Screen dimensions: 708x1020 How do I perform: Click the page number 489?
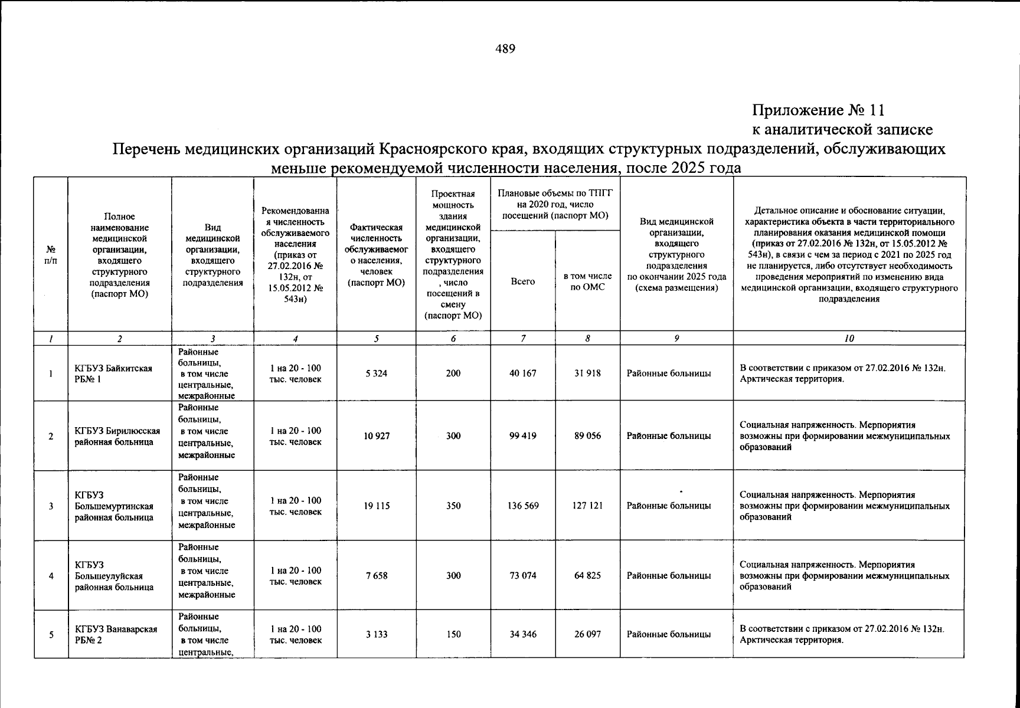click(505, 49)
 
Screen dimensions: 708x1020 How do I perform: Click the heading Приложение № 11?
click(818, 110)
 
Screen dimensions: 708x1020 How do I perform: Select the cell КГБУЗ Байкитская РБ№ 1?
click(113, 373)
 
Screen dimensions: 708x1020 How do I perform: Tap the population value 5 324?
click(376, 373)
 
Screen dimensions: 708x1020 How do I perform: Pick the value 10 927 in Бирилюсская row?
click(376, 436)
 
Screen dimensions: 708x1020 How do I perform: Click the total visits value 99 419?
click(522, 436)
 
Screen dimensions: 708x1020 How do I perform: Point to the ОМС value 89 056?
click(587, 436)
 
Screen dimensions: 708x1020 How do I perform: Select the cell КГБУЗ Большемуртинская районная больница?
click(113, 506)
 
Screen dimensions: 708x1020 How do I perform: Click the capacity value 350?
click(453, 506)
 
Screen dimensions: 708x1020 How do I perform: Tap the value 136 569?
click(522, 506)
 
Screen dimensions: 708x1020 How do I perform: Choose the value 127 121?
click(587, 506)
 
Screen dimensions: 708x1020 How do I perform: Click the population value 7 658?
click(376, 575)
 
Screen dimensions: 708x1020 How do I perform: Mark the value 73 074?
click(522, 575)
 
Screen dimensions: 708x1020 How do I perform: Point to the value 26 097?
click(587, 634)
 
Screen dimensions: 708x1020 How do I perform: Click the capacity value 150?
click(453, 634)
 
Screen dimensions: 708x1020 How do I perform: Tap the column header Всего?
click(522, 281)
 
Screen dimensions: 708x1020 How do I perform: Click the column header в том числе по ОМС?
click(587, 281)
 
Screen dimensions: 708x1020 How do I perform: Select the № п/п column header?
click(51, 254)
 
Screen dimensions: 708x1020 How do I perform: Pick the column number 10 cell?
click(849, 339)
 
